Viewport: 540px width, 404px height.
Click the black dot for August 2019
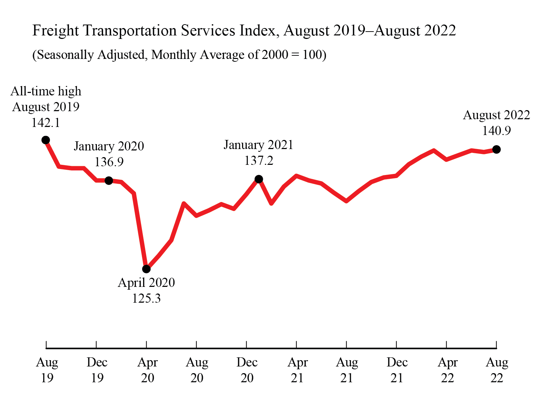(46, 140)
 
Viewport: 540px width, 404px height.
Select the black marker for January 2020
(109, 181)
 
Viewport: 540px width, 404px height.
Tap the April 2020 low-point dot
(146, 269)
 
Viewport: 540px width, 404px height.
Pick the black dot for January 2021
(259, 179)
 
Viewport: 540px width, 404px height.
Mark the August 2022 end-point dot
(496, 149)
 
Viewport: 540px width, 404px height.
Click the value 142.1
(46, 123)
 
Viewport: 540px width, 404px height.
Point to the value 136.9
(109, 162)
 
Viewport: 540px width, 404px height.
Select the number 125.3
(146, 298)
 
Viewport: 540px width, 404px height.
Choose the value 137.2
(259, 161)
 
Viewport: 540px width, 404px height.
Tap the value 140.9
(496, 131)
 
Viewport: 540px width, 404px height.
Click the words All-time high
(46, 91)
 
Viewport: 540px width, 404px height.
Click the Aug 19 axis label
(47, 370)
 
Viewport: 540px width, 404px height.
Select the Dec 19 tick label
(97, 370)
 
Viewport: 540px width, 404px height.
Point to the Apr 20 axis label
(147, 370)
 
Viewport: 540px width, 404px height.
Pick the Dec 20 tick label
(247, 370)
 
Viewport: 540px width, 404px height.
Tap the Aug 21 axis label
(347, 370)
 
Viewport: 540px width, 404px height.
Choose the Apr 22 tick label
(447, 370)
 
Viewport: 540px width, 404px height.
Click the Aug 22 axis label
(497, 370)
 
